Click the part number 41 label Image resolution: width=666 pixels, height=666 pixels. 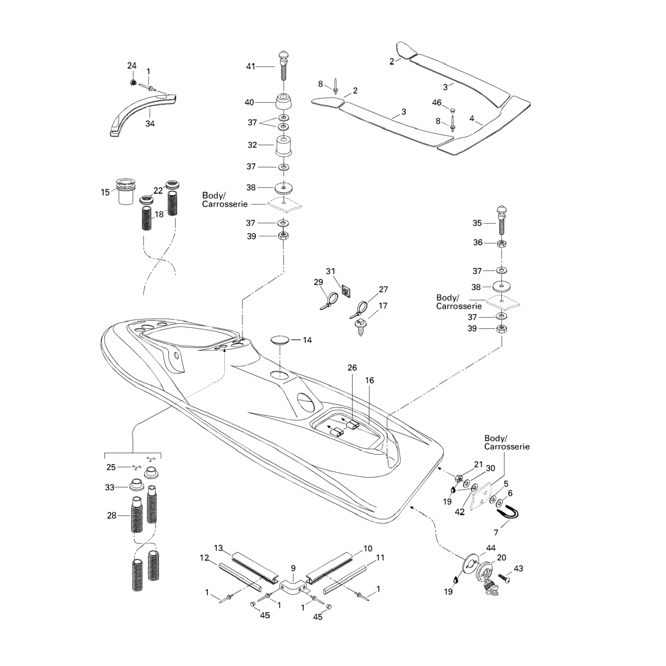(251, 67)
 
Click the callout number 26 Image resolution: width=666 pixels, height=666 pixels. (352, 368)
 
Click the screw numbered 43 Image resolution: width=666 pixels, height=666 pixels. (504, 578)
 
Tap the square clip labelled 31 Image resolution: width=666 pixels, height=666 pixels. (346, 292)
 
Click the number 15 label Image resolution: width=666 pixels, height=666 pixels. (105, 192)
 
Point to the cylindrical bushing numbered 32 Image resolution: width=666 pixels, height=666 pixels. (284, 146)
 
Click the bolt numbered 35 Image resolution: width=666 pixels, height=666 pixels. (502, 221)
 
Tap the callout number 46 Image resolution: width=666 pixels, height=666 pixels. (437, 103)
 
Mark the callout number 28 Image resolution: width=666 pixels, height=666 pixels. (111, 515)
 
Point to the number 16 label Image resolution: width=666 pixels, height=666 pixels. (369, 380)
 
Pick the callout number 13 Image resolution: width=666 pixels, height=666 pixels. (218, 548)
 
